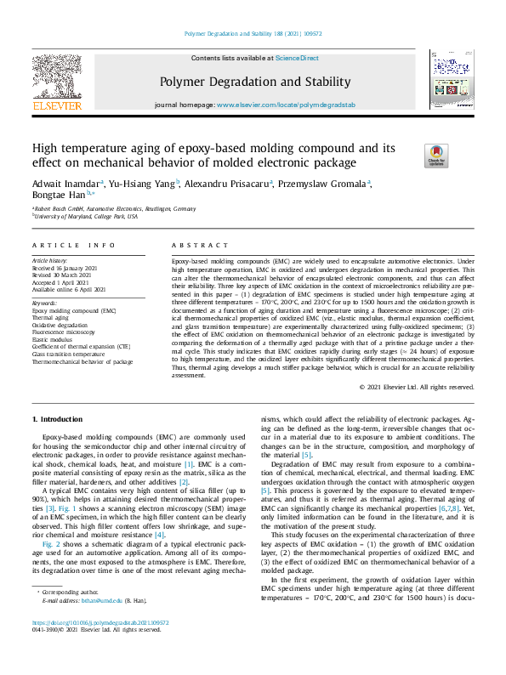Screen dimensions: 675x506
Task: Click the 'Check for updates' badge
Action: pyautogui.click(x=412, y=156)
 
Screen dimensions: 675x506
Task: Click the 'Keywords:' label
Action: pyautogui.click(x=44, y=302)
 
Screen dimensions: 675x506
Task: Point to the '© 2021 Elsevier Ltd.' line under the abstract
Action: pyautogui.click(x=417, y=387)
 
